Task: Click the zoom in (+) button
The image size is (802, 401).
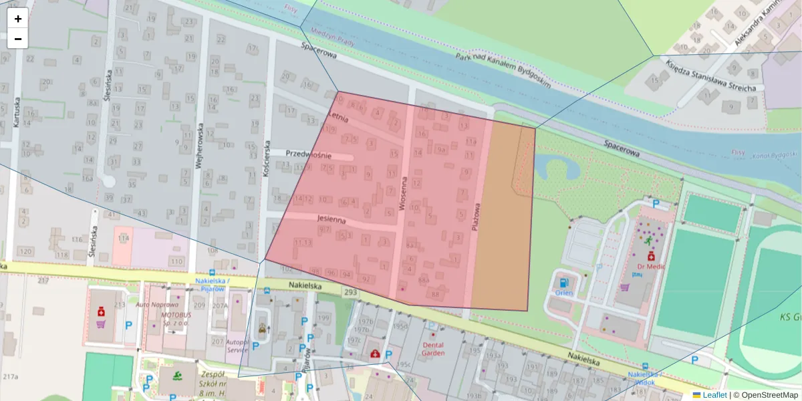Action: pyautogui.click(x=18, y=19)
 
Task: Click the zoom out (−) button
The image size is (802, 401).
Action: pyautogui.click(x=18, y=39)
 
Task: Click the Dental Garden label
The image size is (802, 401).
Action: pyautogui.click(x=433, y=349)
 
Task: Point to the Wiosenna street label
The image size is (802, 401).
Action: pyautogui.click(x=403, y=194)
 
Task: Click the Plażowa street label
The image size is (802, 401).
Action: pyautogui.click(x=477, y=217)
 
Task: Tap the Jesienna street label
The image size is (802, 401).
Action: pyautogui.click(x=331, y=220)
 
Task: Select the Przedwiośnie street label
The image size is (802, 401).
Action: pyautogui.click(x=309, y=154)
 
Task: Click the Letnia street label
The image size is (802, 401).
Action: pyautogui.click(x=340, y=117)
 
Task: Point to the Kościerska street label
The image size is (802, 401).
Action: pyautogui.click(x=266, y=158)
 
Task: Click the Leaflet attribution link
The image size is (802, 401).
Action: pyautogui.click(x=714, y=395)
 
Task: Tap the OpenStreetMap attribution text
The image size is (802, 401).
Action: pyautogui.click(x=766, y=395)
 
